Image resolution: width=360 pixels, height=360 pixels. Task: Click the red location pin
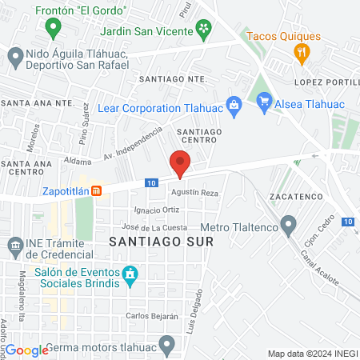click(x=180, y=162)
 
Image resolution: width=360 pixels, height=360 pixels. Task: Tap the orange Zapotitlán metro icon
click(x=96, y=191)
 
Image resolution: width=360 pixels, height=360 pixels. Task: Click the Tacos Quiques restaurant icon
click(x=302, y=54)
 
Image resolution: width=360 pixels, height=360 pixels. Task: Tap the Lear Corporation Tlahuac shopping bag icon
click(x=233, y=103)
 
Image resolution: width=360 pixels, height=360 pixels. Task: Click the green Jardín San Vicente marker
click(x=204, y=30)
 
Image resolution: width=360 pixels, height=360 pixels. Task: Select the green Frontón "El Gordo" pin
click(x=54, y=30)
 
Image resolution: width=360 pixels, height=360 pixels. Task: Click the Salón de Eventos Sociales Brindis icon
click(x=128, y=276)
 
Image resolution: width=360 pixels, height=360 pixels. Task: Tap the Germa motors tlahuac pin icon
click(x=166, y=346)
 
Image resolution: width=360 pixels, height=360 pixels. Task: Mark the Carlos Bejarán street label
click(x=151, y=317)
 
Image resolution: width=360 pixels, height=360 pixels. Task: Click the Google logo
click(x=28, y=350)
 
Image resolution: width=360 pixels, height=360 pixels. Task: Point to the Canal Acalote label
click(x=319, y=270)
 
